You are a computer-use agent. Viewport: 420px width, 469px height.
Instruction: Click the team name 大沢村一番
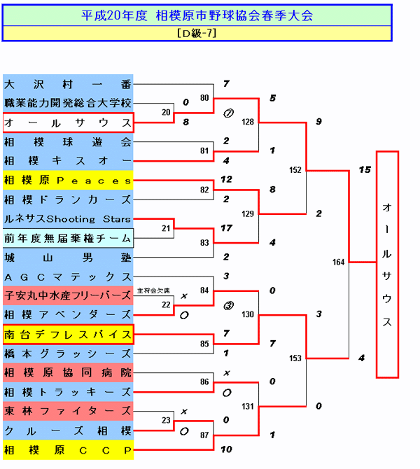click(68, 84)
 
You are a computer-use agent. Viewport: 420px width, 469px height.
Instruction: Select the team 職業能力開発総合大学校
click(68, 103)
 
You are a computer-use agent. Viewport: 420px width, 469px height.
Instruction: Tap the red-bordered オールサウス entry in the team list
click(68, 122)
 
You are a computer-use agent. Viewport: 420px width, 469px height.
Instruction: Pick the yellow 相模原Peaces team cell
click(68, 180)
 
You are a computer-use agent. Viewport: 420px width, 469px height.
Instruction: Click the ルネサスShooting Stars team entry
click(68, 219)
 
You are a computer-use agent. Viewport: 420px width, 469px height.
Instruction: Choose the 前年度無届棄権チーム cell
click(68, 238)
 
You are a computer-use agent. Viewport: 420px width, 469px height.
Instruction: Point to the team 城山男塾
click(68, 258)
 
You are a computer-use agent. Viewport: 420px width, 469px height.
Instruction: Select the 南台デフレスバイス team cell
click(68, 333)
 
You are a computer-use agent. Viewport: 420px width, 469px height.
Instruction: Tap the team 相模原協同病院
click(68, 372)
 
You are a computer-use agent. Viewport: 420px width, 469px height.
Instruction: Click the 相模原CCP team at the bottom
click(68, 449)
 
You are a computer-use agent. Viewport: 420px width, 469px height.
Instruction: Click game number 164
click(339, 262)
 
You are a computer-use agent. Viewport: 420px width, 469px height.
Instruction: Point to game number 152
click(295, 169)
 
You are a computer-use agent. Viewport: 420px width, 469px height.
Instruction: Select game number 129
click(247, 213)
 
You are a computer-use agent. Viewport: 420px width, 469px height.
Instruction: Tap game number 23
click(165, 421)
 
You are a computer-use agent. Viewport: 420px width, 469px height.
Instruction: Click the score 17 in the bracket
click(225, 227)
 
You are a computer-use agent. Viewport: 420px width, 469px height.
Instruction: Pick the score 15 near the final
click(364, 169)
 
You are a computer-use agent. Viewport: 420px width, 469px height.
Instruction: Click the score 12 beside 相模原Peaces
click(225, 179)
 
